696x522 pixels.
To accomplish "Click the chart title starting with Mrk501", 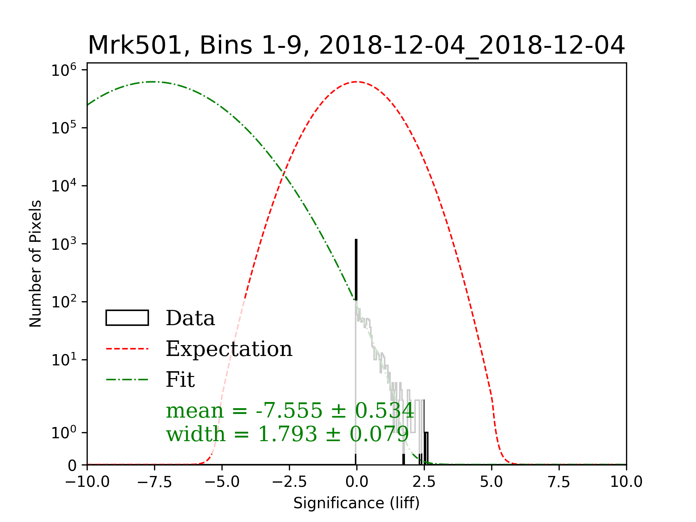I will click(356, 46).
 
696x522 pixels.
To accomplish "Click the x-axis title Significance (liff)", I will click(356, 503).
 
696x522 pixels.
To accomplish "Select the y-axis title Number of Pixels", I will click(36, 264).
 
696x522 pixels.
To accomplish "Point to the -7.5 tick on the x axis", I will click(154, 482).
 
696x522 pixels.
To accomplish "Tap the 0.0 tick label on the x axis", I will click(356, 482).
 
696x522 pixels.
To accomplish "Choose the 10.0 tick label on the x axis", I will click(626, 482).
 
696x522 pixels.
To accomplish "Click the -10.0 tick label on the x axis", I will click(87, 482).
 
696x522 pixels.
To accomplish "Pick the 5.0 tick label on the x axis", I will click(491, 482).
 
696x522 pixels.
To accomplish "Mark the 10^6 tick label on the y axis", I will click(63, 70).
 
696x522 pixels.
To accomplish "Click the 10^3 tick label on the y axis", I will click(63, 244).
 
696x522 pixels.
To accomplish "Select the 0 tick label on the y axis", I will click(72, 465).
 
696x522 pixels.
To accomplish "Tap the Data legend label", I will click(190, 318).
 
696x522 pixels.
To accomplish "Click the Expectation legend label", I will click(229, 349).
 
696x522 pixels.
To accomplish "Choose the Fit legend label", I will click(180, 380).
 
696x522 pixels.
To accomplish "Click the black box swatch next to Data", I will click(127, 318).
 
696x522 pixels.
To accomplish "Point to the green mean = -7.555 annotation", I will click(290, 410).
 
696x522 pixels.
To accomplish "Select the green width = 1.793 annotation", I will click(287, 434).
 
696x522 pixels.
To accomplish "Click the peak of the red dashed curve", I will click(357, 82).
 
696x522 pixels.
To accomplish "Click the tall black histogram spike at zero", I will click(356, 270).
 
